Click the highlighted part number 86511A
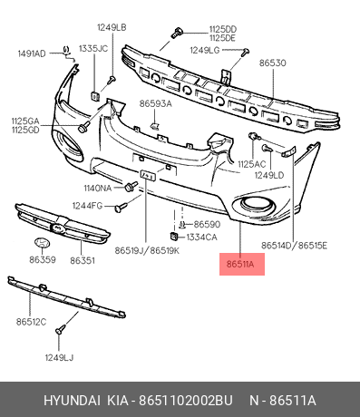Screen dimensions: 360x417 (240, 265)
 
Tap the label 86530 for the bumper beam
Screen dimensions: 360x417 (272, 63)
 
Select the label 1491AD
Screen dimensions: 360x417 (32, 53)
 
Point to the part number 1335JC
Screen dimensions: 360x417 (93, 49)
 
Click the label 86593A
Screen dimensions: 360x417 (155, 103)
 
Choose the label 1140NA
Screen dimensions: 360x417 (98, 189)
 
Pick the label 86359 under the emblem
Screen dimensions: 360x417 (43, 259)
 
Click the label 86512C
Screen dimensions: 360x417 (31, 322)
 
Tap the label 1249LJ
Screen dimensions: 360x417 (59, 358)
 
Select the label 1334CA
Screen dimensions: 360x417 (201, 238)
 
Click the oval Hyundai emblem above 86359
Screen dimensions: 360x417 (42, 243)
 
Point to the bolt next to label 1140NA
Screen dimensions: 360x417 (131, 187)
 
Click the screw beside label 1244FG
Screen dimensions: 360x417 (121, 207)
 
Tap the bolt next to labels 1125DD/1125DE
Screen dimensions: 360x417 (177, 33)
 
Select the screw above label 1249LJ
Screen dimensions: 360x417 (61, 329)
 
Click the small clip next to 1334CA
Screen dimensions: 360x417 (173, 236)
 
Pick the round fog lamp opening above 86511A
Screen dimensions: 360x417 (256, 203)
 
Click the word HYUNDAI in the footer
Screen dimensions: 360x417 (72, 401)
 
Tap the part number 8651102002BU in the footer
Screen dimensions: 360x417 (185, 401)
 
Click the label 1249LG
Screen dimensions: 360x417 (205, 50)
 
